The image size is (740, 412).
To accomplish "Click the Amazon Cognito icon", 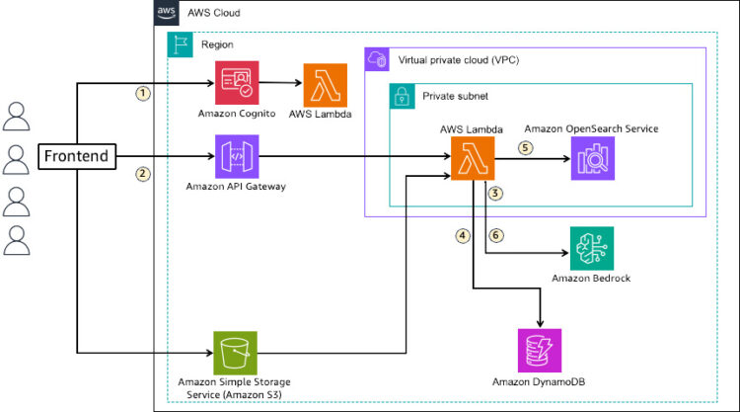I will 237,83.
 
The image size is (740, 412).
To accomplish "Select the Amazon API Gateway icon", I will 237,156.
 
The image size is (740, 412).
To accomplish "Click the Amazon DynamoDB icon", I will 540,351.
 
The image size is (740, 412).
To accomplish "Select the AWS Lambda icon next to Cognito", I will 326,83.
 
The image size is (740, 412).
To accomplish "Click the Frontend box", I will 75,156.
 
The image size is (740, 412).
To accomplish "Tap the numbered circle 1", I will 144,94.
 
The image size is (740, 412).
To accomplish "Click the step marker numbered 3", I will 495,194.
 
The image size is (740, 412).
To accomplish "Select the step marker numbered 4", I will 461,235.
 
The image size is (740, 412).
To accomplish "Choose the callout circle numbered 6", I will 495,235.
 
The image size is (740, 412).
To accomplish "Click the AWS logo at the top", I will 166,14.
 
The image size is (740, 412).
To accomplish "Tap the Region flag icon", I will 179,44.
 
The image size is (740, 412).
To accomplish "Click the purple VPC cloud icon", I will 377,59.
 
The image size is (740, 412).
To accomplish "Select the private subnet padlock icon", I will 402,96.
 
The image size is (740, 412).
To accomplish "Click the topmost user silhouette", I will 17,116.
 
